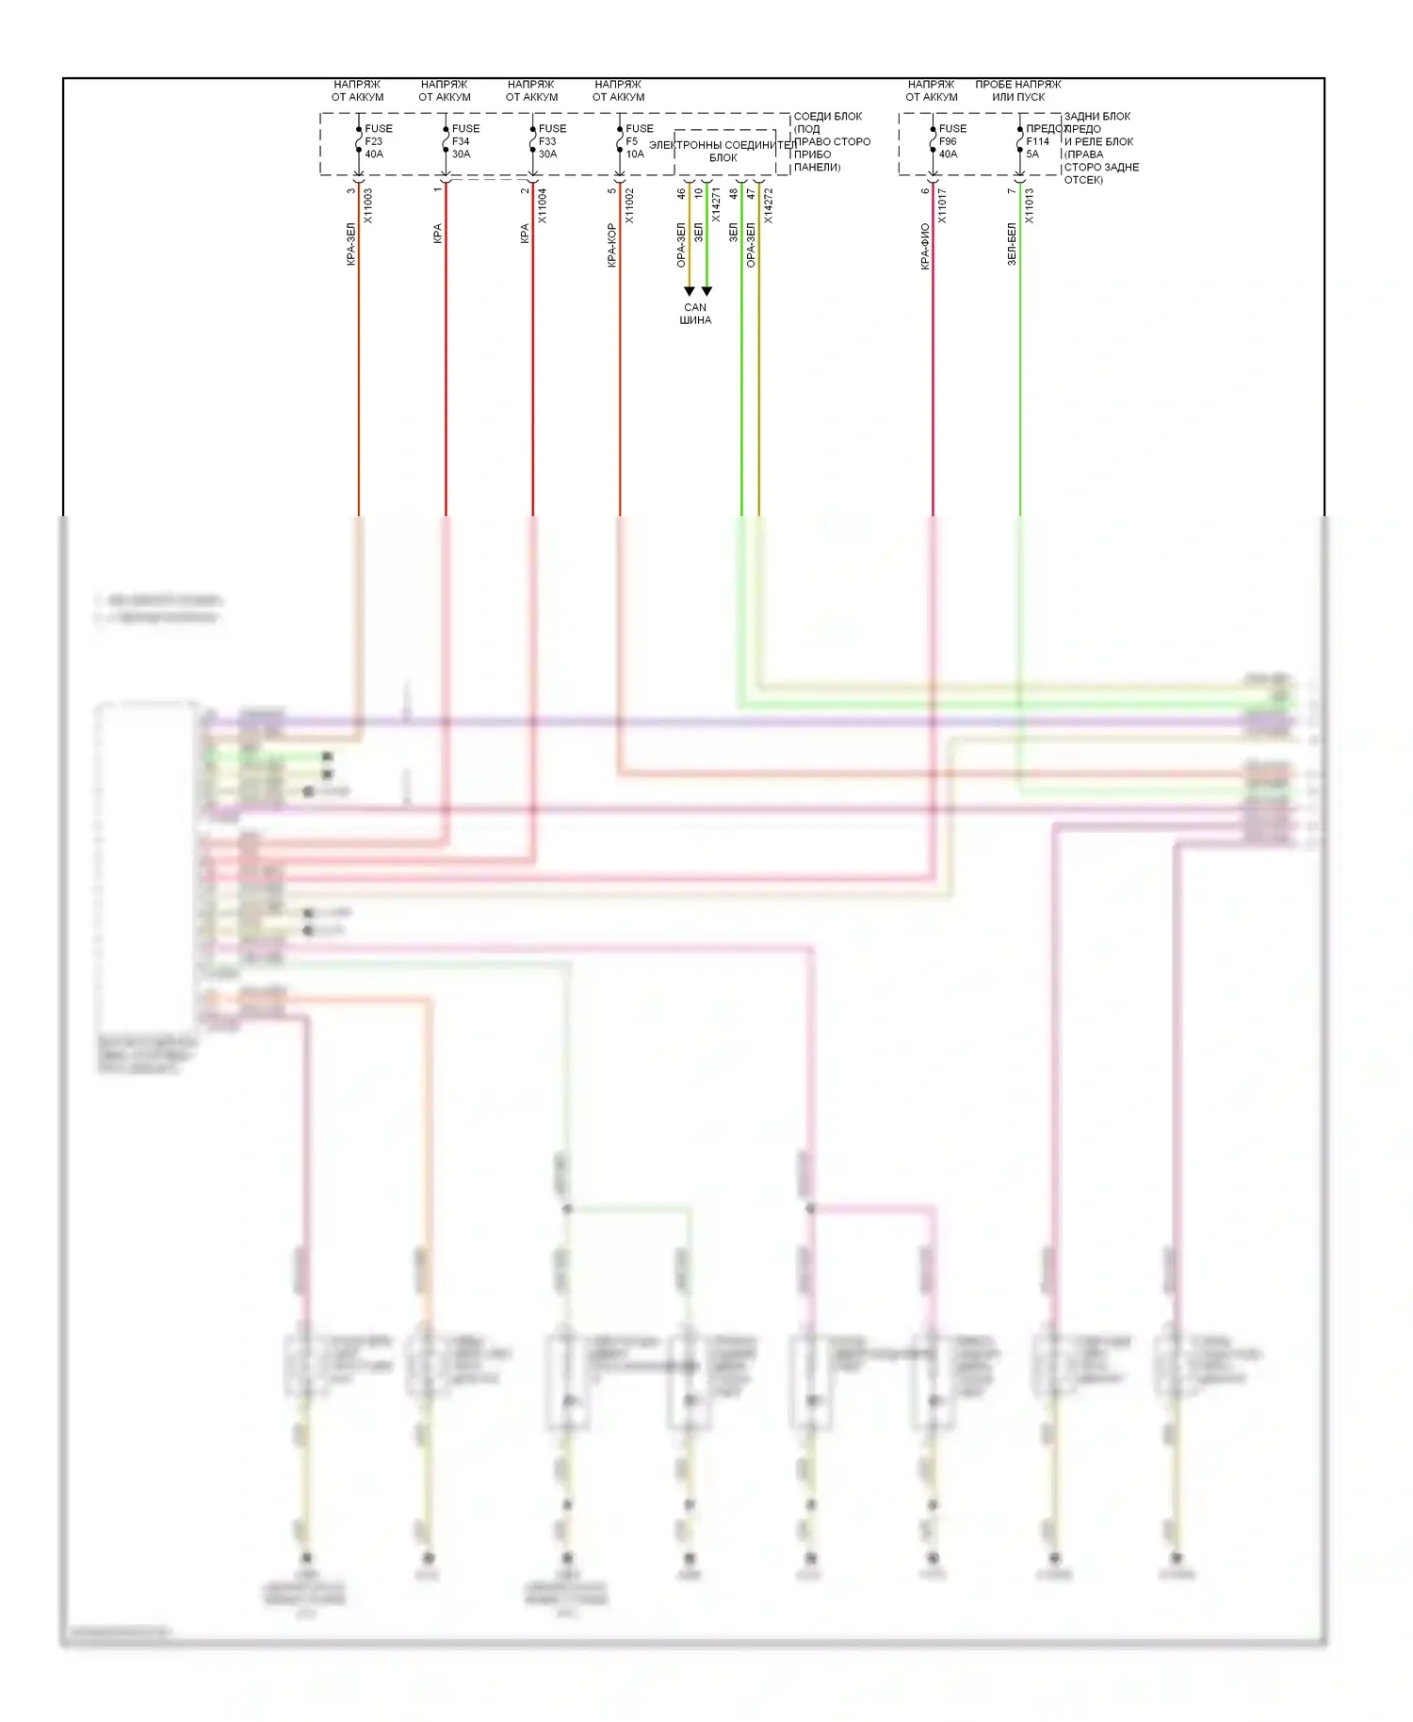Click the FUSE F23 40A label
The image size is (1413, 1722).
(x=377, y=141)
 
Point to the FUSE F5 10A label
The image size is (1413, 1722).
(x=638, y=141)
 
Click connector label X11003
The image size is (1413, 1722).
(x=368, y=205)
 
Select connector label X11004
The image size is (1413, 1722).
(x=542, y=205)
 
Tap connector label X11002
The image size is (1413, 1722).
(x=629, y=205)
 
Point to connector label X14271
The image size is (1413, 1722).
(x=716, y=205)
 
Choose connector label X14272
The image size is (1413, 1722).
(x=768, y=205)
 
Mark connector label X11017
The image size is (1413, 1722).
(x=942, y=205)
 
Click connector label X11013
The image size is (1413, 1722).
(x=1029, y=205)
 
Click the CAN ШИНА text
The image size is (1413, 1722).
(x=695, y=314)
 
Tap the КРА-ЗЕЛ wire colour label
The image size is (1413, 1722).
(x=351, y=245)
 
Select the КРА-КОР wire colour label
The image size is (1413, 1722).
(x=611, y=246)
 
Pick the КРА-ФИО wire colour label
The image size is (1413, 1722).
(x=925, y=247)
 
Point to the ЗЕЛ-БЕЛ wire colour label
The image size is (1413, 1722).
(x=1012, y=245)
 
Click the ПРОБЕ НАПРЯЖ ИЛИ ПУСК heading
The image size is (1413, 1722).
(x=1017, y=90)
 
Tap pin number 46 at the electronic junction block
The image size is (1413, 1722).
(x=681, y=193)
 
